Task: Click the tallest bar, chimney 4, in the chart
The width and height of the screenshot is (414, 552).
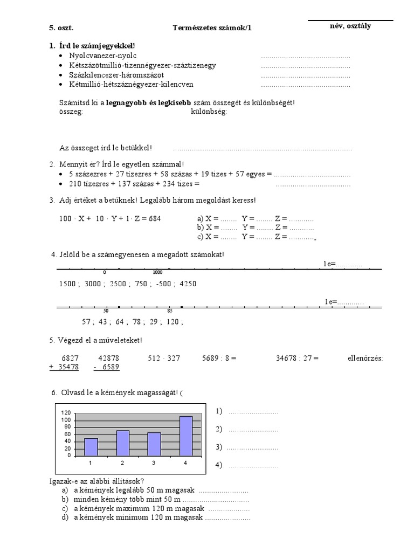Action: pyautogui.click(x=185, y=436)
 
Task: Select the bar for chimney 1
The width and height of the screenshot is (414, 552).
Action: pyautogui.click(x=91, y=446)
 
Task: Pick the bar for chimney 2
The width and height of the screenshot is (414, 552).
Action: pyautogui.click(x=123, y=443)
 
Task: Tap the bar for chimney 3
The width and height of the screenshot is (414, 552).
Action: pyautogui.click(x=154, y=444)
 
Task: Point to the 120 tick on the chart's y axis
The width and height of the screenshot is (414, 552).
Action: pyautogui.click(x=66, y=412)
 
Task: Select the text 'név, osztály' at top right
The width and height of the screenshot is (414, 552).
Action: pyautogui.click(x=350, y=26)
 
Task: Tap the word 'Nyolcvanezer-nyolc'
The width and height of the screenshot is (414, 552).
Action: pyautogui.click(x=103, y=56)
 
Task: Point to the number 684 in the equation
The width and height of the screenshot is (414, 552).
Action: pyautogui.click(x=153, y=219)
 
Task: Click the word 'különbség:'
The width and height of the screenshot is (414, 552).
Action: pyautogui.click(x=209, y=112)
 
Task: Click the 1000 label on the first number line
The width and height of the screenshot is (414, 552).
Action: pyautogui.click(x=157, y=273)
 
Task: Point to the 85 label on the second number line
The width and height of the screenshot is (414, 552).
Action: pyautogui.click(x=170, y=311)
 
